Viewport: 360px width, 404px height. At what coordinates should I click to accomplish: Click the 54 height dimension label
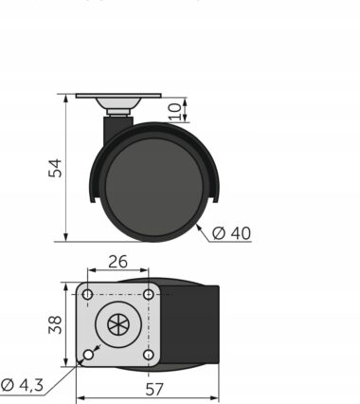(x=55, y=168)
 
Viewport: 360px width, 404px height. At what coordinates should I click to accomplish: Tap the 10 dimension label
(x=175, y=111)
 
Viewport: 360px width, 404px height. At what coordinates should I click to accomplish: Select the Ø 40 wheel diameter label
(x=231, y=233)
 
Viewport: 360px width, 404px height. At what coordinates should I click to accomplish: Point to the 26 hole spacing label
(x=117, y=262)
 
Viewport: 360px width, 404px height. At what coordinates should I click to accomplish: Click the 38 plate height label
(x=55, y=324)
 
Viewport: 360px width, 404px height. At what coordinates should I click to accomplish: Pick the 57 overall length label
(x=154, y=390)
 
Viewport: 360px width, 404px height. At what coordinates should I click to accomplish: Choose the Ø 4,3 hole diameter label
(x=22, y=385)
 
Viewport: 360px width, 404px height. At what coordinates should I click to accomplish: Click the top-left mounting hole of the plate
(x=87, y=295)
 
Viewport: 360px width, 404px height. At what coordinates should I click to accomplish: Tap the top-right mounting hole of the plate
(x=149, y=295)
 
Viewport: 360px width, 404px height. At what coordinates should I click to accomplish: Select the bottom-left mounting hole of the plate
(x=88, y=355)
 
